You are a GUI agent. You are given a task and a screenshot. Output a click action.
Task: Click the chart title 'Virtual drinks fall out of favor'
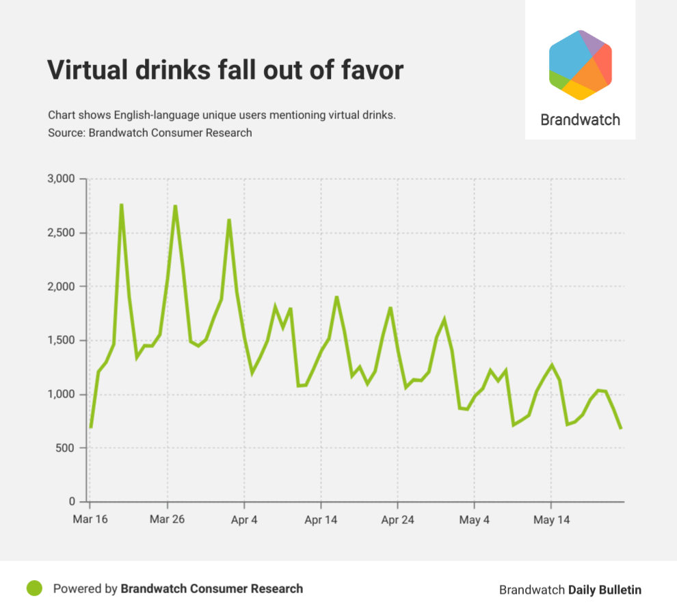click(x=225, y=70)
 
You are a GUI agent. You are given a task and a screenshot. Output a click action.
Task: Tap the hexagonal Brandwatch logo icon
click(x=580, y=65)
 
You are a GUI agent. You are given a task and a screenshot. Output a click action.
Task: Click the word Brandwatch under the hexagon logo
click(x=580, y=120)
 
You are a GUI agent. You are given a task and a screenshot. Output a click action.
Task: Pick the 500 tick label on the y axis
click(x=67, y=449)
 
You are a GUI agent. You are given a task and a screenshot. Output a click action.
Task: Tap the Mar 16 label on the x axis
click(x=90, y=520)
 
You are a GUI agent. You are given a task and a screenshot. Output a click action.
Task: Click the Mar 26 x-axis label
click(x=167, y=520)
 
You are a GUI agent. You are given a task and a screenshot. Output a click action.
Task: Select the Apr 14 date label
click(x=321, y=520)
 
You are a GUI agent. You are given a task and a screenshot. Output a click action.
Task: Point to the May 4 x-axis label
click(x=475, y=520)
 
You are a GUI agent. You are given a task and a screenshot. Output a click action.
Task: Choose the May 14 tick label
click(x=551, y=520)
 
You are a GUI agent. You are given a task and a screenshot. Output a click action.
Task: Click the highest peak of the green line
click(x=121, y=205)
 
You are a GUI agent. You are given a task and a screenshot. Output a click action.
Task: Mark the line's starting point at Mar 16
click(x=90, y=428)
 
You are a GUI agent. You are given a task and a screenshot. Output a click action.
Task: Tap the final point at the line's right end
click(x=621, y=428)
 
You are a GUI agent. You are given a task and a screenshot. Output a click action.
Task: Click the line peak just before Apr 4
click(x=229, y=220)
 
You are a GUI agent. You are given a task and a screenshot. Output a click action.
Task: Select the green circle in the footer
click(x=34, y=588)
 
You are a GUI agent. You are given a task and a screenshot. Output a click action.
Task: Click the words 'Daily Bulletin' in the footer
click(x=605, y=590)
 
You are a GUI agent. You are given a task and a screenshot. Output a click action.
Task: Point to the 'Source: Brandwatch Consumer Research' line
click(x=150, y=133)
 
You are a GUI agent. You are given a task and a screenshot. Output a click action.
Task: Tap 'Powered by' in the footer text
click(x=85, y=588)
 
